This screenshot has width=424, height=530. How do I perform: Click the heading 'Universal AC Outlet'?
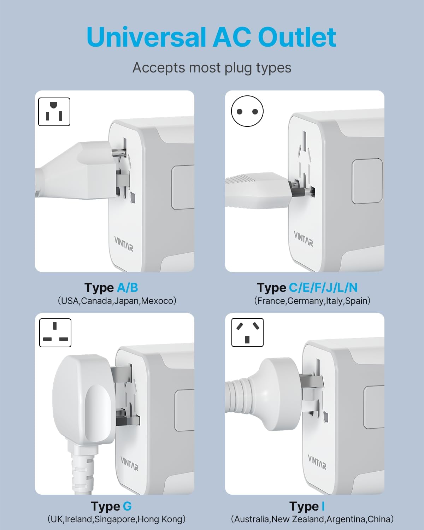point(211,37)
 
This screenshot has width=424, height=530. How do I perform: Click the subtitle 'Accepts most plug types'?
point(212,67)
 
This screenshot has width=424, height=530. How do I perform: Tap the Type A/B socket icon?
point(54,112)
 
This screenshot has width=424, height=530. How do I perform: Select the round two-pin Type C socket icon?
point(247,111)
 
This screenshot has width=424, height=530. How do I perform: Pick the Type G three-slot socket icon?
point(55,332)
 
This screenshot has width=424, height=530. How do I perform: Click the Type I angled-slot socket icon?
point(247,332)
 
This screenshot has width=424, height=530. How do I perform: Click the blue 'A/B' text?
point(127,288)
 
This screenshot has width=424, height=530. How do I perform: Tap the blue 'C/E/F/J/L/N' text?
point(323,288)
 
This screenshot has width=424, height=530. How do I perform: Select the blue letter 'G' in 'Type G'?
point(127,506)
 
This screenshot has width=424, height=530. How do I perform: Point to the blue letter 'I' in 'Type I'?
point(323,506)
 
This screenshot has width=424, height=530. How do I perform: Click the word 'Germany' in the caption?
point(305,301)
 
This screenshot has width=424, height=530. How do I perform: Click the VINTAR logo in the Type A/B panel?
point(124,244)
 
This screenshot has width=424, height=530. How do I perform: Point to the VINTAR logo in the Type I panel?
point(317,462)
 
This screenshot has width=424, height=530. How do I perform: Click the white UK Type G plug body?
point(85,399)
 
